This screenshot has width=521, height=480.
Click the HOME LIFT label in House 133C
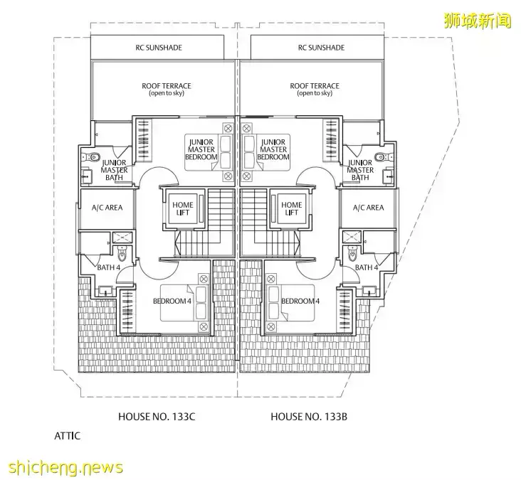(184, 208)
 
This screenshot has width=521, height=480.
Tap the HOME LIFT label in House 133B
(291, 208)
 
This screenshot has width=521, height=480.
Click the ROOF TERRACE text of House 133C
(166, 89)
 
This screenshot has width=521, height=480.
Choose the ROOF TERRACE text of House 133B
(315, 89)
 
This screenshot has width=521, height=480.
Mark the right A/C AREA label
(368, 208)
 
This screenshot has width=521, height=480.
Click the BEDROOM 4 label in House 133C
(172, 302)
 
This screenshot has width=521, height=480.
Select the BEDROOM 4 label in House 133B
(300, 302)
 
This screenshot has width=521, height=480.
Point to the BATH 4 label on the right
(366, 267)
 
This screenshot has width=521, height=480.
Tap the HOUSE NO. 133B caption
(308, 416)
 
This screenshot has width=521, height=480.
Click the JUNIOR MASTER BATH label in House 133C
(114, 170)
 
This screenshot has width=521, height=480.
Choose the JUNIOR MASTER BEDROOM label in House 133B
(273, 149)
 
